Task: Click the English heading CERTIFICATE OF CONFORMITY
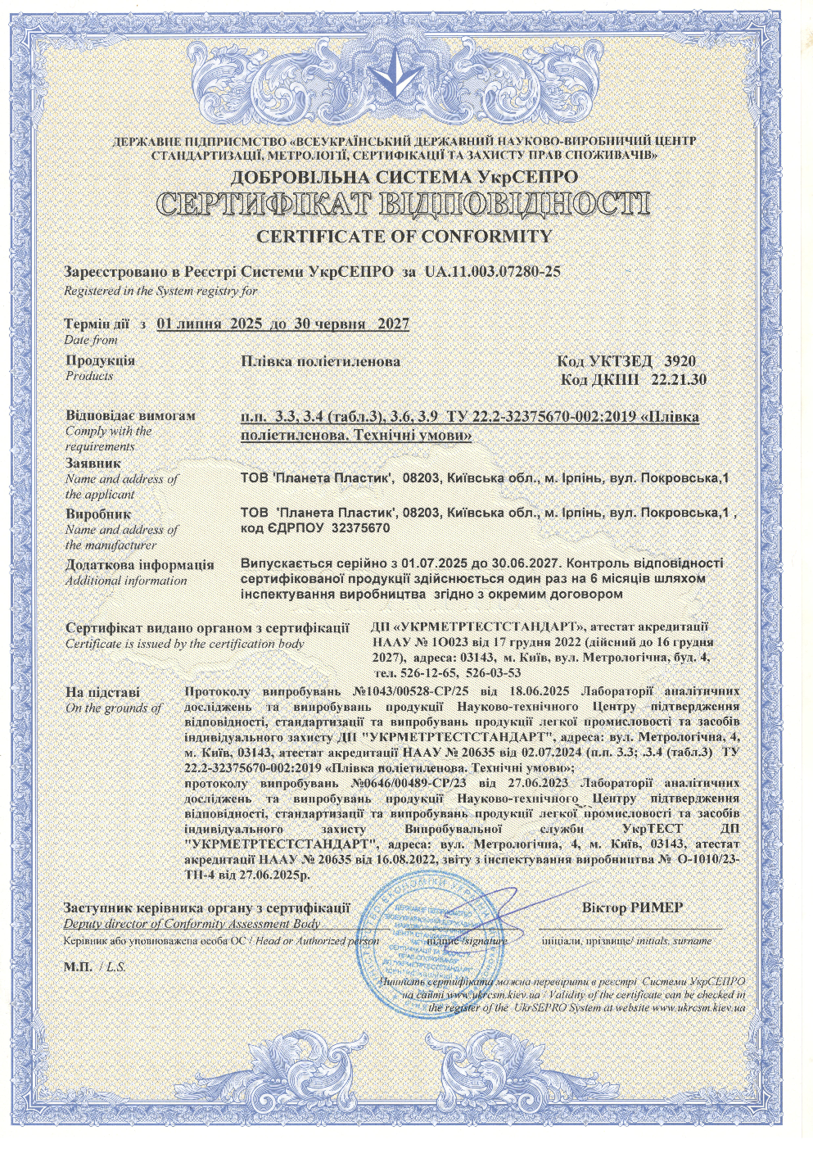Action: point(404,237)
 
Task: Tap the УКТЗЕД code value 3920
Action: point(680,361)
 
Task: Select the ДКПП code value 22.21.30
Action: point(679,380)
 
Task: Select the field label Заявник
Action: point(93,464)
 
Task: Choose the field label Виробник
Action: point(97,514)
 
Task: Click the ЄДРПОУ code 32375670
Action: point(360,528)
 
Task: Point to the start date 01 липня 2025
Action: point(209,323)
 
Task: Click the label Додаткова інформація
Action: point(139,565)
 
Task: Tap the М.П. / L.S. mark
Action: point(94,967)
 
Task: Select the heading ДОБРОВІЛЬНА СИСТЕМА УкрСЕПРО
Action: point(404,177)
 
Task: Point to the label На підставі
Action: point(102,692)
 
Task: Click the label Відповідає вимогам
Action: point(130,415)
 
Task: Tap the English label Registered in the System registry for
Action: point(160,291)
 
